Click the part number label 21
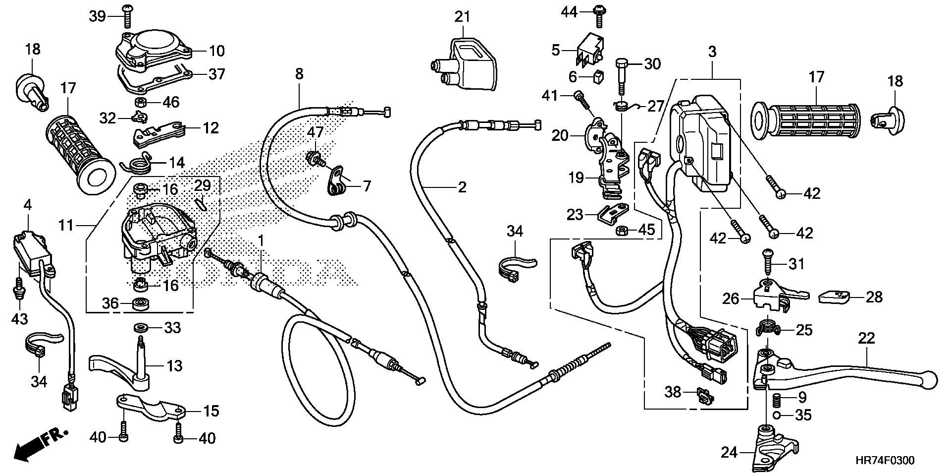point(462,17)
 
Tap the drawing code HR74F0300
point(884,461)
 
